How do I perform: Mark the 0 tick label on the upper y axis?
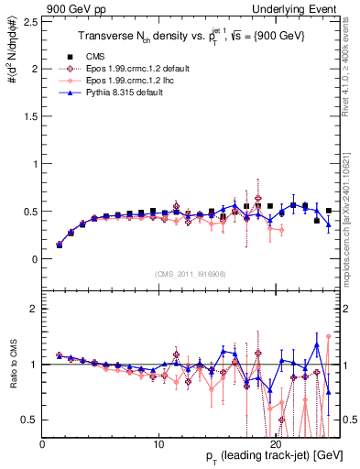pos(32,259)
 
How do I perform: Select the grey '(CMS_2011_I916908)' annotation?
pos(191,273)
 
